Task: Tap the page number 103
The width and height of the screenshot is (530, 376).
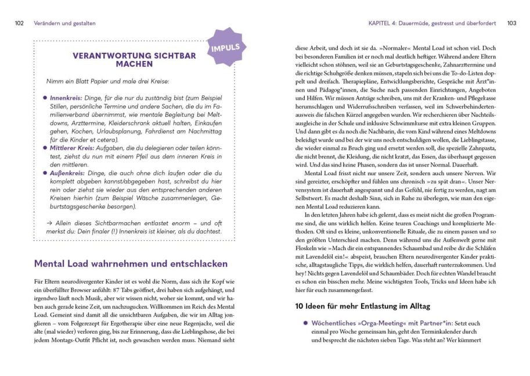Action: click(511, 23)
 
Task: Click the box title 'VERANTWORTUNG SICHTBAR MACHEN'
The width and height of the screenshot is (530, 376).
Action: click(134, 60)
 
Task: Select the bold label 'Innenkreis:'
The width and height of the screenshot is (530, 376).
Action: click(66, 99)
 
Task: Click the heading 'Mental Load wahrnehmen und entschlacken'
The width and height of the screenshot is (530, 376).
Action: click(131, 263)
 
